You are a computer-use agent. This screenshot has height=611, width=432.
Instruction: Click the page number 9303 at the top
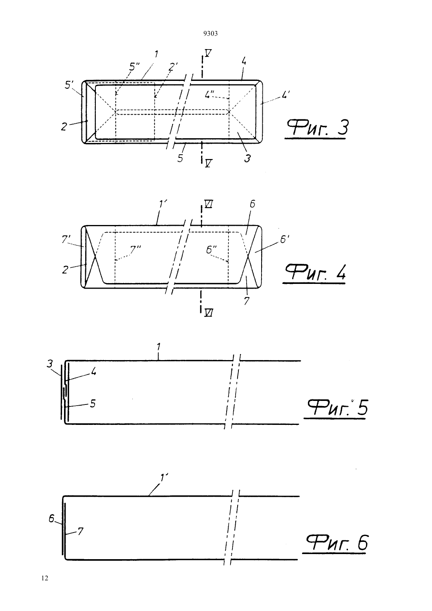(x=211, y=33)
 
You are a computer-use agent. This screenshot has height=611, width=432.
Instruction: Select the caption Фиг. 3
(x=317, y=128)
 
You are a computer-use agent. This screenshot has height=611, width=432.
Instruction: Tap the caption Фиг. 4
(x=315, y=273)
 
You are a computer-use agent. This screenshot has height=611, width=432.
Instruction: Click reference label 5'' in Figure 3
(x=134, y=66)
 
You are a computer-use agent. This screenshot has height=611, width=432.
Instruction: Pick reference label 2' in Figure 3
(x=173, y=66)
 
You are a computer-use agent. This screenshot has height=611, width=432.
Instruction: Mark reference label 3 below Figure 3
(x=247, y=158)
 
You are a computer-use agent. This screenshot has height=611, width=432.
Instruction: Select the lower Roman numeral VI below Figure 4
(x=209, y=313)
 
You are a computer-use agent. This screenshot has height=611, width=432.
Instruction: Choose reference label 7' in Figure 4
(x=65, y=239)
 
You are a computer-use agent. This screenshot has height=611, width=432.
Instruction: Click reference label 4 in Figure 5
(x=93, y=371)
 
